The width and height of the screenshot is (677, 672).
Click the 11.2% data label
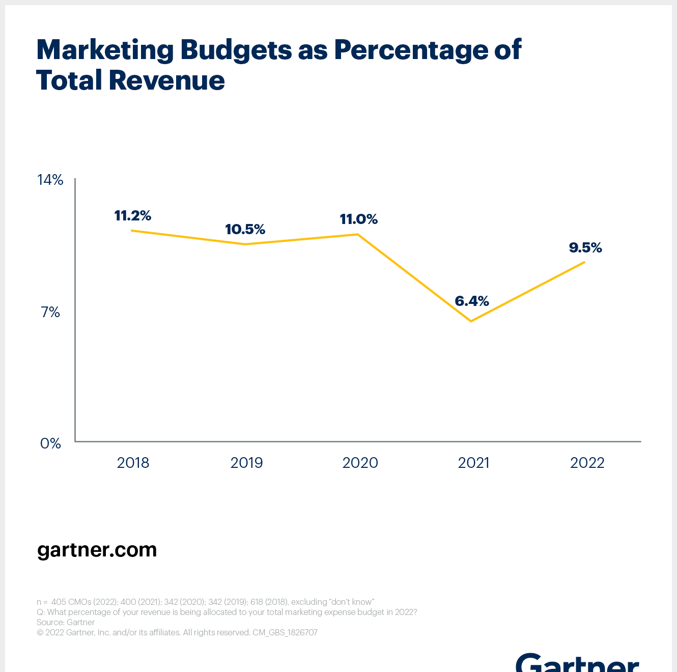tap(133, 216)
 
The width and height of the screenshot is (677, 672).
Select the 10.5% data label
tap(245, 230)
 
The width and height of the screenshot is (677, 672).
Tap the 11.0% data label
tap(359, 219)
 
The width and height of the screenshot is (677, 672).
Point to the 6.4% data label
tap(472, 301)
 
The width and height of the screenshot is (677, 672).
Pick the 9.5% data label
tap(585, 248)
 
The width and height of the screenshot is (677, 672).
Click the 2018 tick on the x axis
tap(133, 463)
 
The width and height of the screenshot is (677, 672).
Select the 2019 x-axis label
tap(246, 463)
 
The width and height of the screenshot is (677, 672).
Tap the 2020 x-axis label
tap(360, 463)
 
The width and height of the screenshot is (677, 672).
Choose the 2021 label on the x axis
tap(473, 463)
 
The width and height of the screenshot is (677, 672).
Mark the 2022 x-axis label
tap(587, 463)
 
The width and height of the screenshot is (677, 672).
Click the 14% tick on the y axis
tap(50, 180)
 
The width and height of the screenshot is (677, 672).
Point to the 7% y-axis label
tap(50, 312)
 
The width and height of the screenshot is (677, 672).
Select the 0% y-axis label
tap(50, 443)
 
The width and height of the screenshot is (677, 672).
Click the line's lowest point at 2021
tap(471, 321)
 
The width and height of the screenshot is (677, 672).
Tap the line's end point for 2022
tap(584, 262)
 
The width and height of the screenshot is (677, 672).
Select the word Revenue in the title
tap(166, 80)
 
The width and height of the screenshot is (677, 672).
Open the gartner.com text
tap(97, 550)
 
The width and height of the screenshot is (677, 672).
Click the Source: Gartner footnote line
tap(66, 622)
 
